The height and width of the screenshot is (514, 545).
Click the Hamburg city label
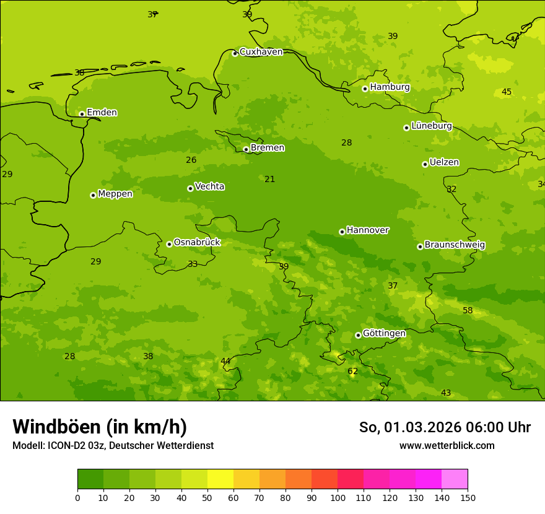coord(390,87)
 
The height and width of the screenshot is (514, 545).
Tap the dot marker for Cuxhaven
coord(235,54)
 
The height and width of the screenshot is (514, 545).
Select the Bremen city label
coord(268,148)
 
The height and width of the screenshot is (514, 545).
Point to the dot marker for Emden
coord(82,114)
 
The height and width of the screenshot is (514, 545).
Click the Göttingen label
coord(384,334)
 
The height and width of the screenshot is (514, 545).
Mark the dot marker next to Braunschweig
coord(420,246)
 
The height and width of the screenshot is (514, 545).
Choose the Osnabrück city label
coord(197,243)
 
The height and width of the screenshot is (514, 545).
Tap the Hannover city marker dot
coord(342,232)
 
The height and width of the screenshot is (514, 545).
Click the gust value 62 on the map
coord(352,372)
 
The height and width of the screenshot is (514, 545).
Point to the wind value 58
coord(468,310)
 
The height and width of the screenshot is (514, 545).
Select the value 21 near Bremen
coord(270,180)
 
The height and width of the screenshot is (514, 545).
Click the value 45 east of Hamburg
coord(507,92)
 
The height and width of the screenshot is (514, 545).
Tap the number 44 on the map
coord(225,361)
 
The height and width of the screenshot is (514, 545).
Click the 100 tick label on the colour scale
coord(338,498)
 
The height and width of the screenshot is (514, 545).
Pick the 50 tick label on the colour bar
coord(207,498)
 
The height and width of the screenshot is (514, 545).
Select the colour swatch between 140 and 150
coord(455,479)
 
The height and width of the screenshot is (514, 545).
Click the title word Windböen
coord(56,427)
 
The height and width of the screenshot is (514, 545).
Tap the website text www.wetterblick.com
coord(447,446)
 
